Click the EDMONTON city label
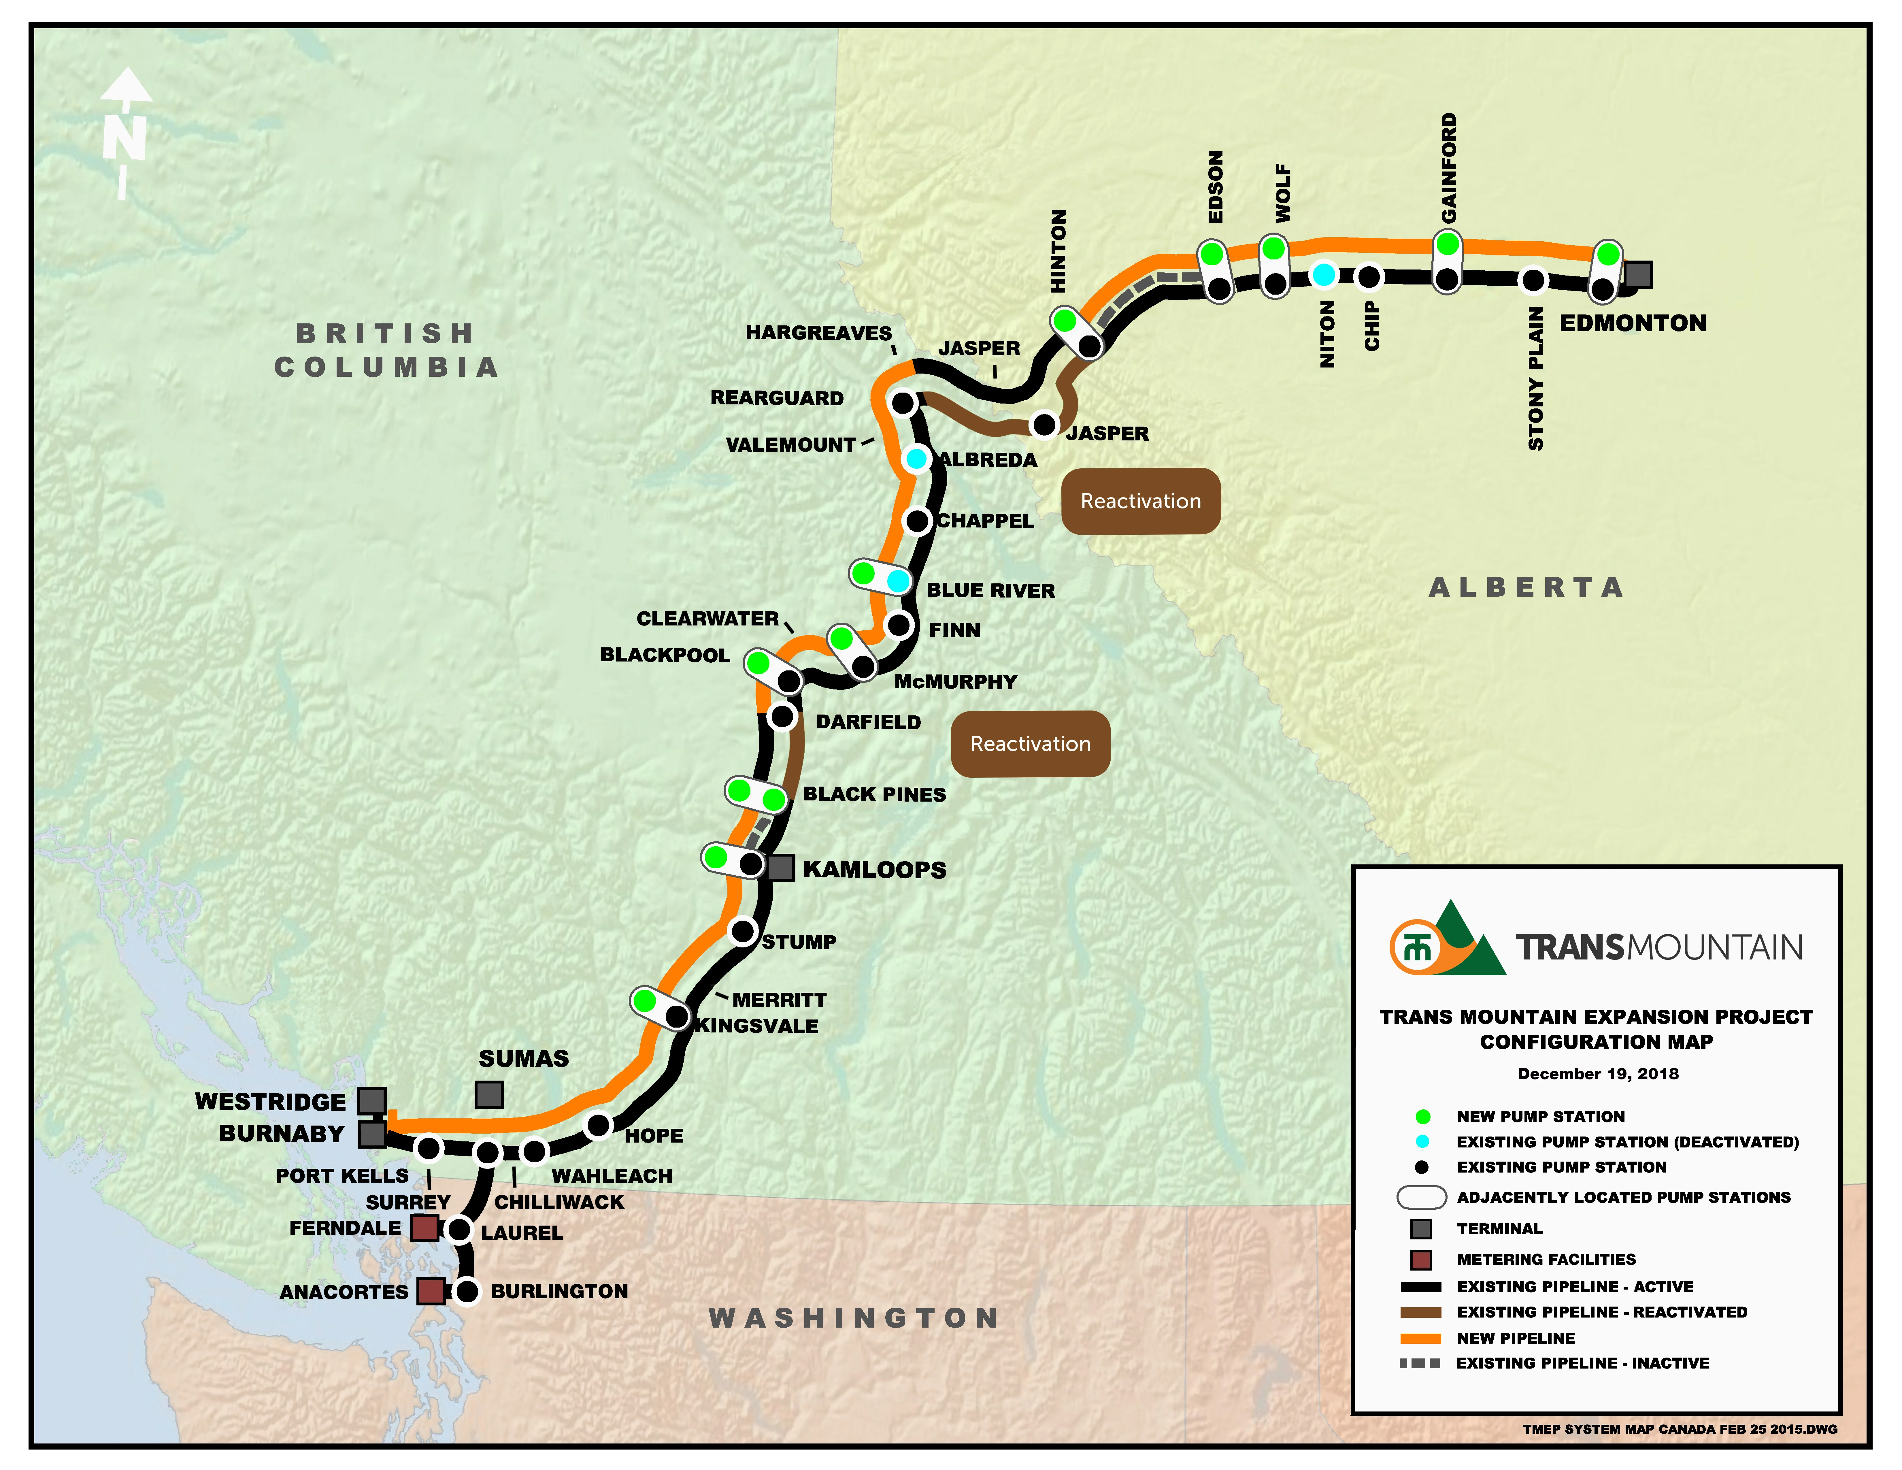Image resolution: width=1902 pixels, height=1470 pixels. pyautogui.click(x=1632, y=323)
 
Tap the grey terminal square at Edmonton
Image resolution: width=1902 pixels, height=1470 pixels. pyautogui.click(x=1638, y=274)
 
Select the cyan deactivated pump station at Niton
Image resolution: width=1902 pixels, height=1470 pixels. pyautogui.click(x=1324, y=275)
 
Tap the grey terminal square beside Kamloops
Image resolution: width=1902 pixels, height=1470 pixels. pyautogui.click(x=780, y=867)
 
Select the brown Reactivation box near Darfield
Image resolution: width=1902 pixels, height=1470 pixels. pyautogui.click(x=1030, y=744)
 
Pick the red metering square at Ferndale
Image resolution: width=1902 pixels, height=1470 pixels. pyautogui.click(x=424, y=1228)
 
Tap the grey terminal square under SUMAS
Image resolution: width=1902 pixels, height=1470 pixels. pyautogui.click(x=488, y=1095)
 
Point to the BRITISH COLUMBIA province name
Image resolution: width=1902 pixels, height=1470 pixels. pyautogui.click(x=386, y=350)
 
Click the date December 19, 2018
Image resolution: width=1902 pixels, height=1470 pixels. pyautogui.click(x=1597, y=1074)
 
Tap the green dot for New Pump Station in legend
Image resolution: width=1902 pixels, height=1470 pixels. pyautogui.click(x=1422, y=1116)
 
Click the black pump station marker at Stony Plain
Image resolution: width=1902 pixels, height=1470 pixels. pyautogui.click(x=1532, y=280)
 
